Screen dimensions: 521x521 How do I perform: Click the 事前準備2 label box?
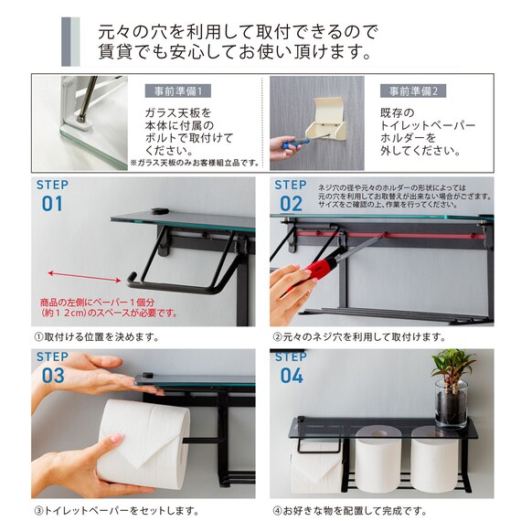413,91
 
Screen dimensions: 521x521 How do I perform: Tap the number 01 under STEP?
51,203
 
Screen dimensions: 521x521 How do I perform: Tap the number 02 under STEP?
291,203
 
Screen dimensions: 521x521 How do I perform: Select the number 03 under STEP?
51,375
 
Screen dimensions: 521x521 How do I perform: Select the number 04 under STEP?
291,375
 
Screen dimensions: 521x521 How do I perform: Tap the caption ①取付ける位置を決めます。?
96,336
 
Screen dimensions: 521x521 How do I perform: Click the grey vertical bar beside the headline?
69,42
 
